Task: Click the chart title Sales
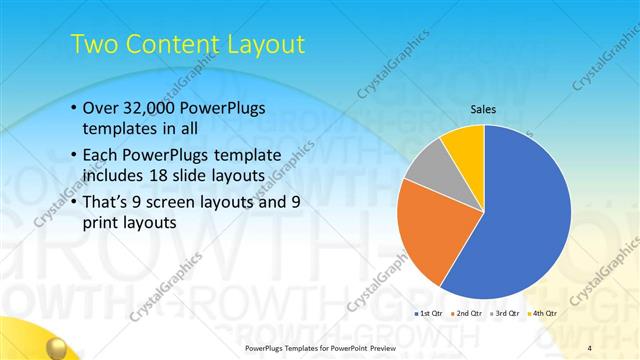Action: tap(484, 110)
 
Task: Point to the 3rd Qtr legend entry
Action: tap(505, 313)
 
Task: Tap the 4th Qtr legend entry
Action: tap(543, 313)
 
